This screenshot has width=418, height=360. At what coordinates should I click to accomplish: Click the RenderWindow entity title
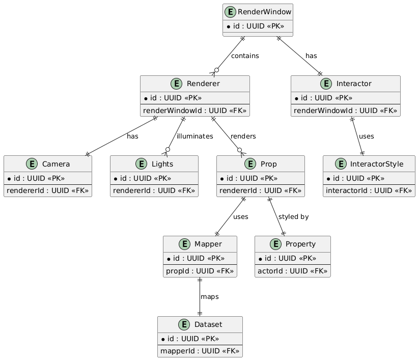coord(264,12)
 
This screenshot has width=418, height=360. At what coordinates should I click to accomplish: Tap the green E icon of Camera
coord(32,164)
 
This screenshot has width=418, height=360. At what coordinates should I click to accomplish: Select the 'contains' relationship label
coord(245,56)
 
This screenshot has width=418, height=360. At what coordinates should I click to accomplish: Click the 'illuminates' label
coord(195,136)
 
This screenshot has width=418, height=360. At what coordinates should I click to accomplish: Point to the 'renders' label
coord(243,136)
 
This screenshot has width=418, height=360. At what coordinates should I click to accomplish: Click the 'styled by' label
coord(293,217)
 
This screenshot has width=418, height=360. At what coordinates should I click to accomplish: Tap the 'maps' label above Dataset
coord(210,297)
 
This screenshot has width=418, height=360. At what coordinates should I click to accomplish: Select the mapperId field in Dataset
coord(200,351)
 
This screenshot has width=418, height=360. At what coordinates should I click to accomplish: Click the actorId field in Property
coord(292,271)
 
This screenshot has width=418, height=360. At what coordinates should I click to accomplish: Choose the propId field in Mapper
coord(200,271)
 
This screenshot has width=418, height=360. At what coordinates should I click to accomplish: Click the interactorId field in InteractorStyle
coord(369,190)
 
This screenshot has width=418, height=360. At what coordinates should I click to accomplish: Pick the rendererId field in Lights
coord(154,190)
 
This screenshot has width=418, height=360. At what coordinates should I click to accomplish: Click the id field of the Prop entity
coord(249,178)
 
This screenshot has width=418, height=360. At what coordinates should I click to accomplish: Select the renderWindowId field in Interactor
coord(345,110)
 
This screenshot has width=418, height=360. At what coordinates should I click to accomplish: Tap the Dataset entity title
coord(208,324)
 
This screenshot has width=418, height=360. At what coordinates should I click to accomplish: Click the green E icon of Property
coord(275,244)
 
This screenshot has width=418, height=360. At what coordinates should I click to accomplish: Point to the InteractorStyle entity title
coord(377,164)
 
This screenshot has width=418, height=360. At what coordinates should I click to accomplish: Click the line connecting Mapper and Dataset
coord(200,297)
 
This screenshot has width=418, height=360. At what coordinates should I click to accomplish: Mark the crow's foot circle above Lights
coord(168,149)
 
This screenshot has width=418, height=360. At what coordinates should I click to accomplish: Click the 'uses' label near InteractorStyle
coord(366,136)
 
